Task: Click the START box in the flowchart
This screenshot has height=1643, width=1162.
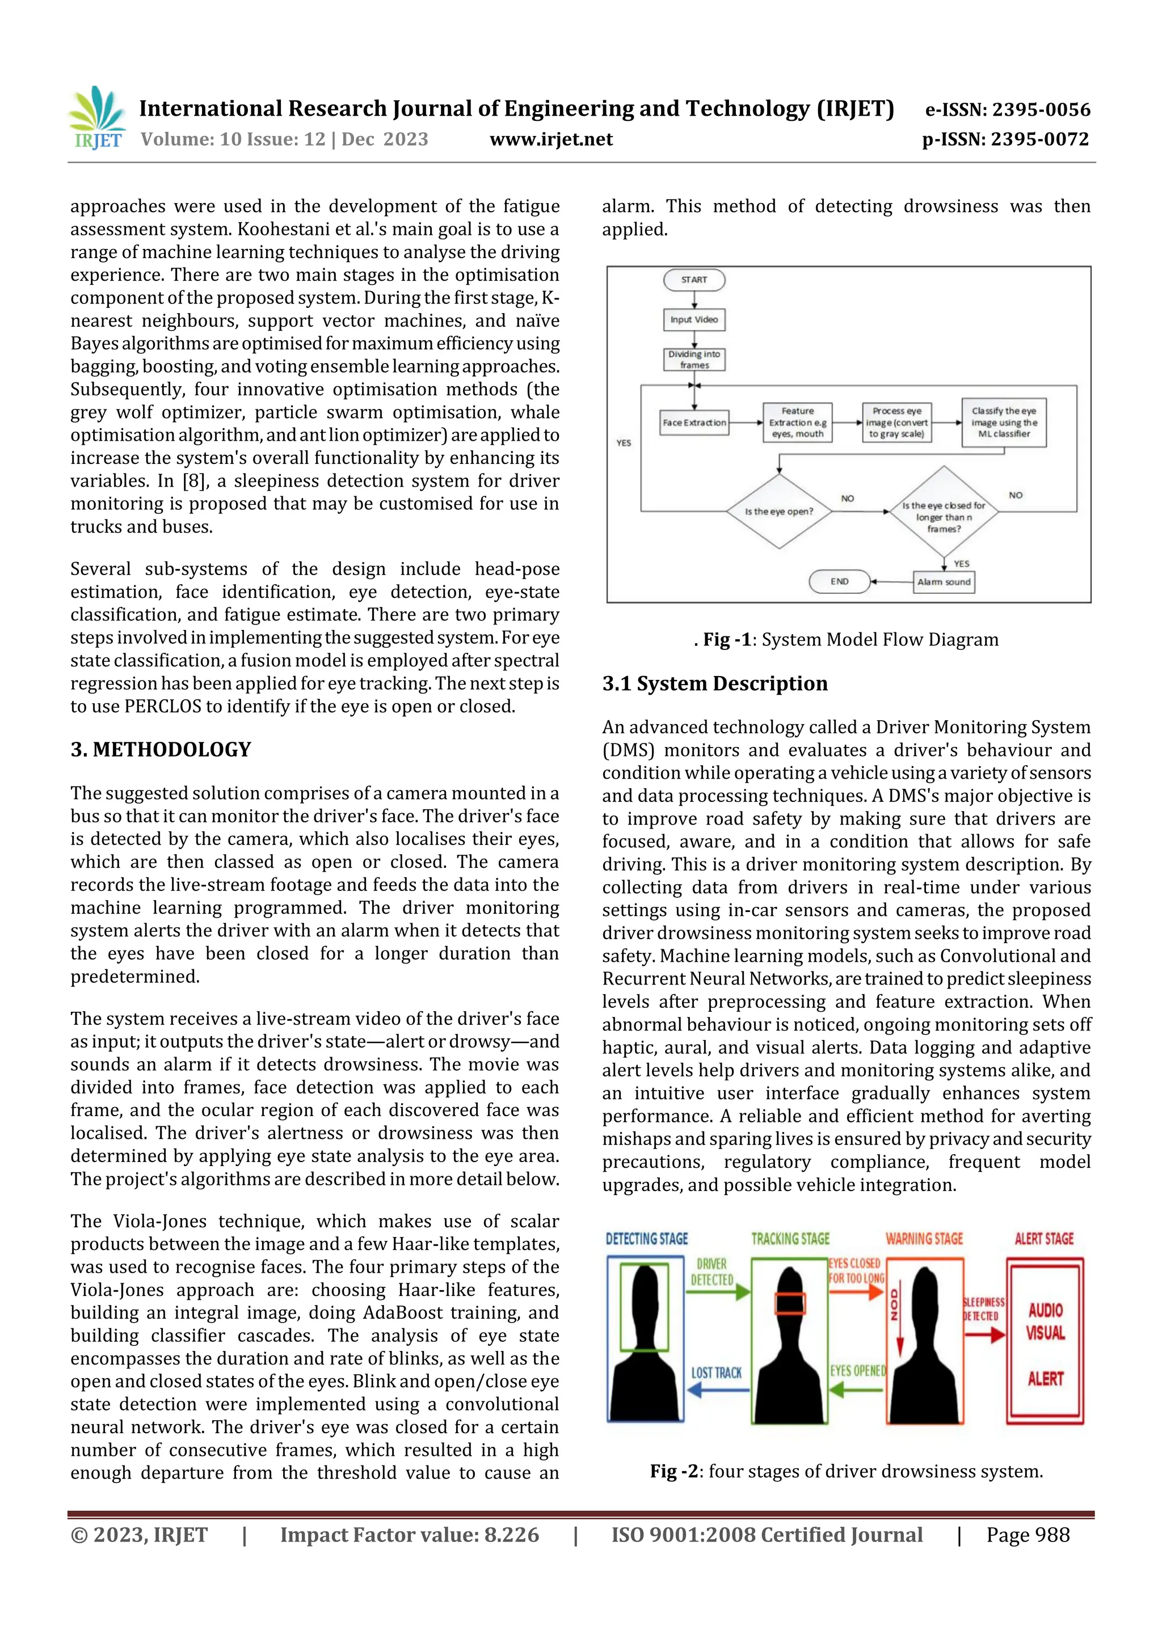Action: coord(694,280)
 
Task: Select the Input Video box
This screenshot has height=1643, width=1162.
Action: coord(694,320)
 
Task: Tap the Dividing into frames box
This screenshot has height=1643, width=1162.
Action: coord(694,359)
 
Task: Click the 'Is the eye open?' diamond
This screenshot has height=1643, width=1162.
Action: coord(779,511)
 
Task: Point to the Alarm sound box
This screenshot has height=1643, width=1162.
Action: coord(944,582)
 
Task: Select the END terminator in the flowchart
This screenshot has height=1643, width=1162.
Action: coord(839,582)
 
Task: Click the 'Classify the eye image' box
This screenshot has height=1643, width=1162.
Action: coord(1004,422)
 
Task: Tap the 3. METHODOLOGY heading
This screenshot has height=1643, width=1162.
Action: coord(161,749)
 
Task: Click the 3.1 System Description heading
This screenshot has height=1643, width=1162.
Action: coord(714,683)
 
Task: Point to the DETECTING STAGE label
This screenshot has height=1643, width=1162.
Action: coord(646,1239)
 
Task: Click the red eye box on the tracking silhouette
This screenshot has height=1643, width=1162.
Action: coord(790,1304)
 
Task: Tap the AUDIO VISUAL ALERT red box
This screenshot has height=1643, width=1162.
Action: coord(1045,1342)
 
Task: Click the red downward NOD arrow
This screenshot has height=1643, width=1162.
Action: coord(900,1331)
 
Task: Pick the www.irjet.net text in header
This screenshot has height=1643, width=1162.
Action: coord(550,139)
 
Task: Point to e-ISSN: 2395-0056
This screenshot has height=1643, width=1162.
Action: coord(1007,109)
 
